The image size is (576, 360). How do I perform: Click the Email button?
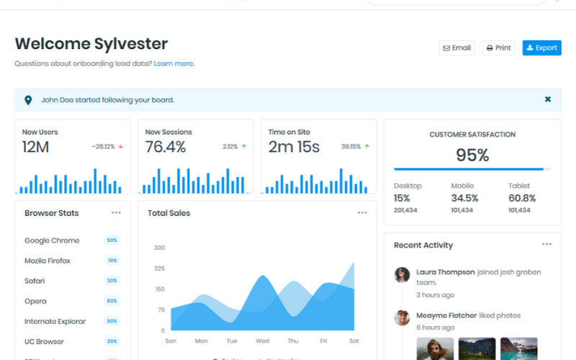click(456, 48)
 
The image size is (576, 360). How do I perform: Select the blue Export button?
click(541, 48)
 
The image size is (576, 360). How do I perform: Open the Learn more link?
click(174, 63)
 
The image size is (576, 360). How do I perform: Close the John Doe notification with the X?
click(548, 99)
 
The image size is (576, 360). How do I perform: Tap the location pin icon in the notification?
click(28, 100)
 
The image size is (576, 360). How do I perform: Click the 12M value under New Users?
click(35, 148)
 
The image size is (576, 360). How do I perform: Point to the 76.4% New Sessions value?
click(166, 148)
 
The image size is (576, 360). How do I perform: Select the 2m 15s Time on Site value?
click(294, 148)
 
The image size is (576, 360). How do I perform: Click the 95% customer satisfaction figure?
click(472, 155)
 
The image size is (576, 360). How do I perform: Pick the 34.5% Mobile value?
click(464, 198)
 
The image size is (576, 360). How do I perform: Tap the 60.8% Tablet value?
click(522, 198)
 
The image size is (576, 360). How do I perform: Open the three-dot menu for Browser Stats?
click(116, 213)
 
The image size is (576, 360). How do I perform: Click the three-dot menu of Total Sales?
click(362, 213)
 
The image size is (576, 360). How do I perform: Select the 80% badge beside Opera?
click(112, 301)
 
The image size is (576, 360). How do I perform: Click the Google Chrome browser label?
click(52, 240)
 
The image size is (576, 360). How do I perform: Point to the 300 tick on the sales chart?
click(159, 248)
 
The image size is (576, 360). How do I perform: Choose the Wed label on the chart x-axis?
click(262, 341)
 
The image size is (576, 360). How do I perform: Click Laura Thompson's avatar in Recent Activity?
click(402, 274)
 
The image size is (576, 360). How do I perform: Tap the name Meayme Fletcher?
click(446, 315)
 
